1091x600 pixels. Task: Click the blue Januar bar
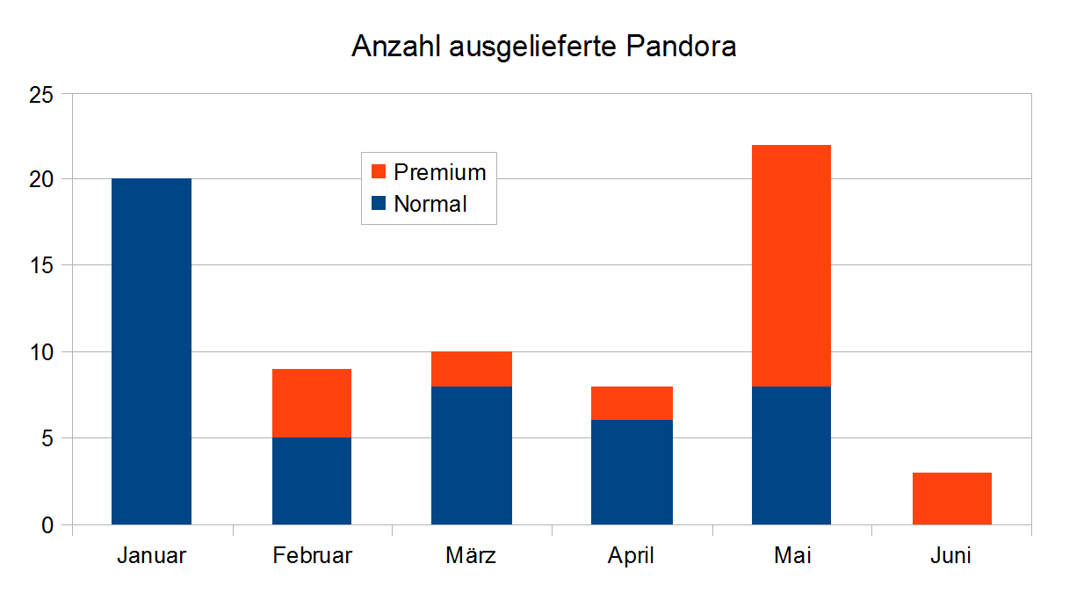151,351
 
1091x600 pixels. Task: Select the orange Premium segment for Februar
311,403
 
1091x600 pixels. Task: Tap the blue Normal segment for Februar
311,481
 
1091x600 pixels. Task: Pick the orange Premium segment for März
471,369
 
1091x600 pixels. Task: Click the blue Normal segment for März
471,455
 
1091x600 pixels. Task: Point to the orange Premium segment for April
632,403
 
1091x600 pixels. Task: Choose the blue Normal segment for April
632,473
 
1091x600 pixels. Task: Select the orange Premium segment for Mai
791,265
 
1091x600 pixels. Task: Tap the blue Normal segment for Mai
791,455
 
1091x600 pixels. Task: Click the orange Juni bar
951,499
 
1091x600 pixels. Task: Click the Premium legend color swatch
379,171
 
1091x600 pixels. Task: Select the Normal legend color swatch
379,204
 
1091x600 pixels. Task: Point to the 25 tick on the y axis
41,94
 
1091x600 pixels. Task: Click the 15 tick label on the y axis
41,266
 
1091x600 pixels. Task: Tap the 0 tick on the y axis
47,525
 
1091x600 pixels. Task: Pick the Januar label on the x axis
151,556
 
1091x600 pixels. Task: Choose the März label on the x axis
471,556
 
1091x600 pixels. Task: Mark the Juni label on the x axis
951,556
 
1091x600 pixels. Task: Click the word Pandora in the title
681,46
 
